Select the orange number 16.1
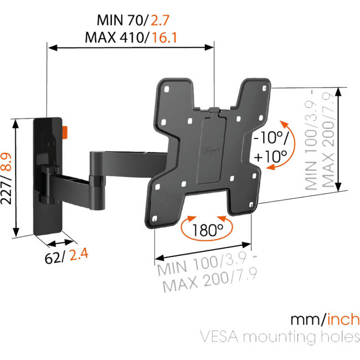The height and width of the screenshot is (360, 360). point(168,38)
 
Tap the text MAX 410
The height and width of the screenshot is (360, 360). point(115,38)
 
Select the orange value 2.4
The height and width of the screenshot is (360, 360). point(79,255)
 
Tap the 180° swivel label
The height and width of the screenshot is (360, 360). point(204,229)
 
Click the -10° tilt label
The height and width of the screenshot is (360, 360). point(267,137)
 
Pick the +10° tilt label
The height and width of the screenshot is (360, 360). point(267,156)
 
